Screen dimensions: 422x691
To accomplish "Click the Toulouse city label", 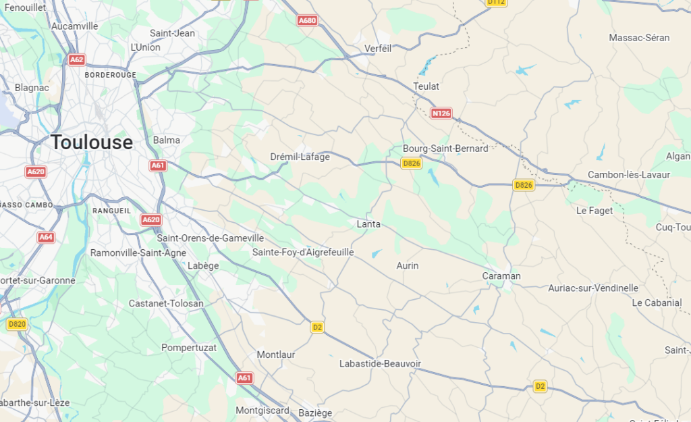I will (x=92, y=142).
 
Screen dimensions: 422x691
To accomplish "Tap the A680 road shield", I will (x=307, y=21).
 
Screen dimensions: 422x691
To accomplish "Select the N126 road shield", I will (x=441, y=113).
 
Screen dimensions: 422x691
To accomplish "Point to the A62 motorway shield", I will (x=77, y=60).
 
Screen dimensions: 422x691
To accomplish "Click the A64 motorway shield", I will (x=46, y=238).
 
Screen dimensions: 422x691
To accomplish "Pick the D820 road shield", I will (x=17, y=325).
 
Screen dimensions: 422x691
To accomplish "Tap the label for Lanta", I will (x=368, y=224).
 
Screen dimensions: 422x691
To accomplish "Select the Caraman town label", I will (x=501, y=276).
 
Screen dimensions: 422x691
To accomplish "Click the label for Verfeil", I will (x=378, y=49).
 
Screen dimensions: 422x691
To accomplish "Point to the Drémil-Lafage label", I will (x=300, y=157).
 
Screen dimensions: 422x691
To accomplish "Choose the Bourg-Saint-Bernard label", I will (x=445, y=149).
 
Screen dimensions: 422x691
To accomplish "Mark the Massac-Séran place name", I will (x=639, y=38).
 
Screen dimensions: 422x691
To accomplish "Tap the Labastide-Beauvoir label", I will (x=380, y=364).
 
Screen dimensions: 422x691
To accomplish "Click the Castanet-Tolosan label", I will (x=166, y=304).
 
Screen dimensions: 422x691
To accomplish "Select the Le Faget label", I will (x=595, y=211).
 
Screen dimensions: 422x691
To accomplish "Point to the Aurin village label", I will (x=408, y=266).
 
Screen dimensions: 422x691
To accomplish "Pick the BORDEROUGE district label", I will (x=111, y=75).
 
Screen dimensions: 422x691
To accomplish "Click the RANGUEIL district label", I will (x=112, y=211).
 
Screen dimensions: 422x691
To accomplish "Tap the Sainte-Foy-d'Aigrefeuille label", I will (x=303, y=253).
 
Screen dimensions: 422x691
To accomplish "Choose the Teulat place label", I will (x=426, y=86).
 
